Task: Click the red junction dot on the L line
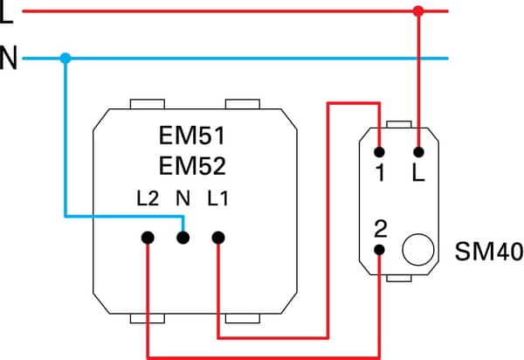418,11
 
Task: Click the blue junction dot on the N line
65,59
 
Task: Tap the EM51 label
192,135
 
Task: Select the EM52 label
192,166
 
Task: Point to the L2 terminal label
148,198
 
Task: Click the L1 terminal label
217,198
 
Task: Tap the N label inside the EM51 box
183,198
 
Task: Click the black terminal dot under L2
148,238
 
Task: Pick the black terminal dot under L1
218,238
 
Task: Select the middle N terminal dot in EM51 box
183,238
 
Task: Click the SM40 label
489,251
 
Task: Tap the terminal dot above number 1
379,152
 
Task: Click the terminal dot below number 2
379,250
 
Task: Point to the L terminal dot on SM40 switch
418,152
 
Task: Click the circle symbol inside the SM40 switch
418,250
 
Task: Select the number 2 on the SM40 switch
381,229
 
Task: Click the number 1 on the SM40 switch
380,172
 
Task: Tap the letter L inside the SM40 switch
418,172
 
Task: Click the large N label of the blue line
9,58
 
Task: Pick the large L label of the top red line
6,11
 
